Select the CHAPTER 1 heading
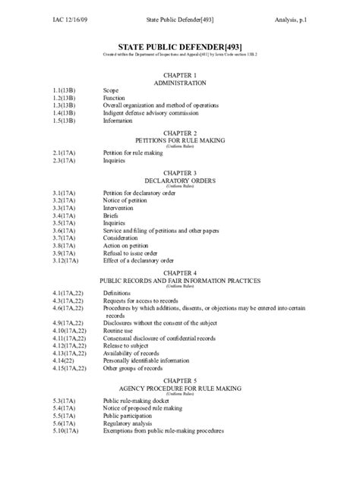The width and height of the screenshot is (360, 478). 180,75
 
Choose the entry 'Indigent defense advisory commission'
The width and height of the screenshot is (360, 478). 150,113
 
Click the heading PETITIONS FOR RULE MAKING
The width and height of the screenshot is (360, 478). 180,140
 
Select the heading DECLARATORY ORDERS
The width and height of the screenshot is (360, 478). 180,181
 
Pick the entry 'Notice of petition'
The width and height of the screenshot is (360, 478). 126,200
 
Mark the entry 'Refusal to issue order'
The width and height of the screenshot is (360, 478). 133,253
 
